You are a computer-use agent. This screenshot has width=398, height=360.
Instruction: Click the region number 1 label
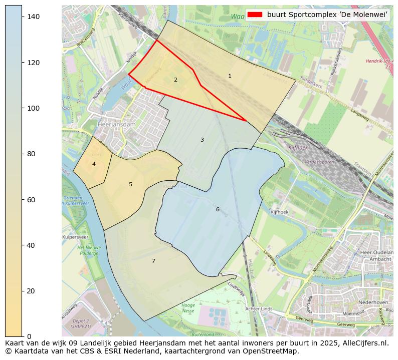click(230, 76)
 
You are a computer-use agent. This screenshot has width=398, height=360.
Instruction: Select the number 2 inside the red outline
click(175, 80)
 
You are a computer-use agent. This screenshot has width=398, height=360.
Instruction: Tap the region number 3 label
click(202, 140)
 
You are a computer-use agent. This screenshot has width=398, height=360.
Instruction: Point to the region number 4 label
click(94, 164)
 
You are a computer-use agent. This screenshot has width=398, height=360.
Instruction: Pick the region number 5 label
click(130, 185)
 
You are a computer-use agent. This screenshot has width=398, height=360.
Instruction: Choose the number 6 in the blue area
click(218, 210)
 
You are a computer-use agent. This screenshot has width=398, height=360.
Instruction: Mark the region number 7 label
click(153, 261)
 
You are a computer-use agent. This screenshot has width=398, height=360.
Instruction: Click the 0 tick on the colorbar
click(29, 336)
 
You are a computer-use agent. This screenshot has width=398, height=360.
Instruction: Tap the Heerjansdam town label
click(116, 125)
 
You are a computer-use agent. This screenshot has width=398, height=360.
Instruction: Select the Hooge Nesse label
click(188, 308)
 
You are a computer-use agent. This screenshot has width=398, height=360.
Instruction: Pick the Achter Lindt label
click(259, 309)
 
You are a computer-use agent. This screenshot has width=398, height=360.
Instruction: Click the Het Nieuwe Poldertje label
click(89, 250)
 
